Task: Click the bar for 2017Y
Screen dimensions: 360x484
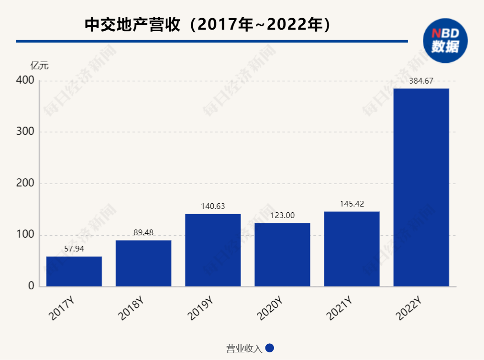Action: [74, 272]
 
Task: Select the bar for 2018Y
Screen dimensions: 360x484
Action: [143, 263]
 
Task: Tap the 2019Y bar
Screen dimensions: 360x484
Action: [213, 250]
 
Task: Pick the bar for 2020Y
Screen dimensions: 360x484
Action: [282, 255]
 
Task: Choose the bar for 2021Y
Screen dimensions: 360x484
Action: [352, 249]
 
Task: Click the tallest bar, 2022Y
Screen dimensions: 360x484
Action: [421, 187]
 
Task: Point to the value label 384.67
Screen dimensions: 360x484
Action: [421, 81]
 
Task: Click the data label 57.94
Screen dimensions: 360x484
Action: [74, 249]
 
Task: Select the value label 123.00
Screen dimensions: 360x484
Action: [282, 216]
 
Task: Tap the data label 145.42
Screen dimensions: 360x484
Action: [352, 204]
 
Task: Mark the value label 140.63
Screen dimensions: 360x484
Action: [213, 207]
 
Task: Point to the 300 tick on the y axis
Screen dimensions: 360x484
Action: [25, 132]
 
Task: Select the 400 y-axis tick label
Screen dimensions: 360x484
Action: [25, 80]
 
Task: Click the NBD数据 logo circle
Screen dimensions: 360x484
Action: [445, 41]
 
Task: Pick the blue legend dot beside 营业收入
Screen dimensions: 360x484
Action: [269, 349]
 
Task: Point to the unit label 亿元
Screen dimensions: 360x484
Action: [40, 65]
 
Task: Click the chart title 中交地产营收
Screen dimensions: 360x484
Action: [134, 25]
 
